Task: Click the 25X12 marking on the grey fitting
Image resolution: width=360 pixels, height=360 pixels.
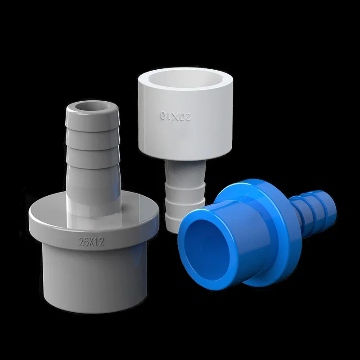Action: pyautogui.click(x=91, y=242)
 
